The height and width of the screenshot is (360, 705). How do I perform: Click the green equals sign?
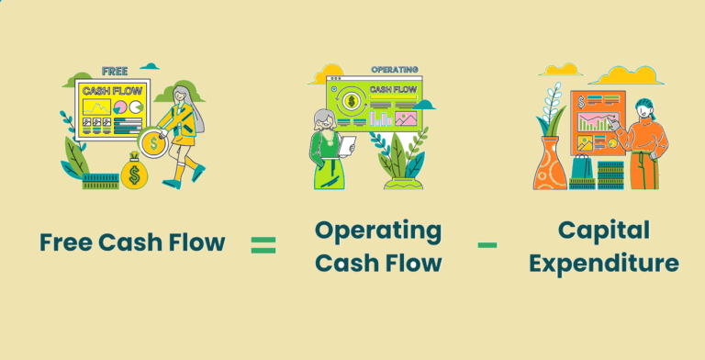(x=263, y=244)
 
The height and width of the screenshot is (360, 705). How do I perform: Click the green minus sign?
(x=487, y=244)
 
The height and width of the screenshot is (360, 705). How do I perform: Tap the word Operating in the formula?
(x=377, y=230)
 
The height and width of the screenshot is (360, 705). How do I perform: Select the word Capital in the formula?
(x=604, y=230)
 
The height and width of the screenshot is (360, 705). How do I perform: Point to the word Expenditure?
(x=604, y=264)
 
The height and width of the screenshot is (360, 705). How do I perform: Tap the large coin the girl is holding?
(x=152, y=143)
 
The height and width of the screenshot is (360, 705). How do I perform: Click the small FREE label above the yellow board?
(x=114, y=70)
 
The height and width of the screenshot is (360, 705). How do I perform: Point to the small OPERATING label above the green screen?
(x=395, y=70)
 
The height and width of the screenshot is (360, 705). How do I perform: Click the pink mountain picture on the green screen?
(x=407, y=118)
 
